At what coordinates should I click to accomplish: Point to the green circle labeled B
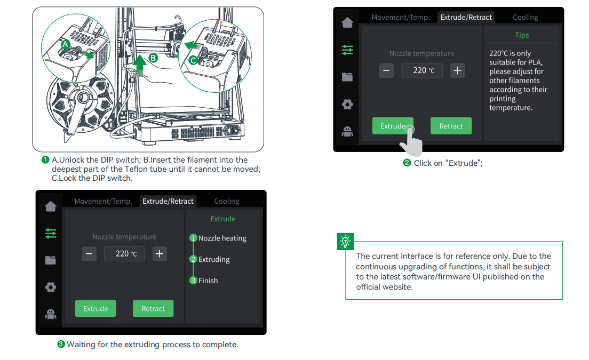(153, 58)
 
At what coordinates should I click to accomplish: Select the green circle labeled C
(193, 60)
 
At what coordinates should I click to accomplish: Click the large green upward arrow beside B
(140, 65)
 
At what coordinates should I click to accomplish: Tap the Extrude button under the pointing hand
(393, 126)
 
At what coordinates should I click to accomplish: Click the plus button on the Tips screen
(457, 70)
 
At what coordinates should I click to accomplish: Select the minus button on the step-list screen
(90, 254)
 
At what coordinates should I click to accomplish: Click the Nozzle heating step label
(222, 238)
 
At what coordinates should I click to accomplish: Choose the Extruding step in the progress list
(214, 259)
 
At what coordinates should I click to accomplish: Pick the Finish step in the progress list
(208, 281)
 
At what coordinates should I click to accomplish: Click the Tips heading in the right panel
(522, 35)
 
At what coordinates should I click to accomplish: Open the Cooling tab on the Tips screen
(526, 17)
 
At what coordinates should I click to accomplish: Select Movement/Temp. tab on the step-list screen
(103, 201)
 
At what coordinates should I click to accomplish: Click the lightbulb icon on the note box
(346, 242)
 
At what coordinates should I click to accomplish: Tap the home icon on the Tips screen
(347, 22)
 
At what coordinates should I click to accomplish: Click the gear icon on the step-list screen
(51, 287)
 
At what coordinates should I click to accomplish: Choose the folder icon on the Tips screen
(347, 77)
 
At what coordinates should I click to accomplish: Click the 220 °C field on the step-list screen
(124, 254)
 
